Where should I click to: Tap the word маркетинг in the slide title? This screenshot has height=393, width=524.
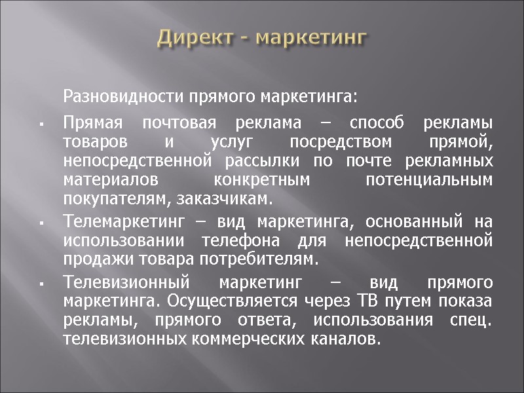click(310, 37)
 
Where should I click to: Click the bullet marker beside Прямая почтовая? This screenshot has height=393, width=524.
click(41, 124)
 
